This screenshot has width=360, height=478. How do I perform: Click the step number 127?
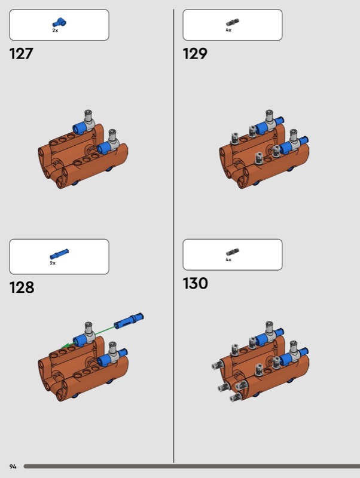(21, 54)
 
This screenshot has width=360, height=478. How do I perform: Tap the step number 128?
(22, 287)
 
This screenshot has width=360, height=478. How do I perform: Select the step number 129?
(195, 54)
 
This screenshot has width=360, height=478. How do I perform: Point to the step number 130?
(196, 283)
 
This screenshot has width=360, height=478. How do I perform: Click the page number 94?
(13, 467)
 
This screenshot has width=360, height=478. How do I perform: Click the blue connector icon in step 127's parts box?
(60, 23)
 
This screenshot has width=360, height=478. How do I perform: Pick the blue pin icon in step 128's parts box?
(59, 254)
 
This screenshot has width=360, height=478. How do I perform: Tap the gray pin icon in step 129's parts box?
(233, 23)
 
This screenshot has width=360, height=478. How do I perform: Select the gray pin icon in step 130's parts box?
(233, 252)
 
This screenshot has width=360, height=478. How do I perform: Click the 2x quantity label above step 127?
(55, 30)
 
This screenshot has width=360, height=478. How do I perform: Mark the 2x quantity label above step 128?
(53, 263)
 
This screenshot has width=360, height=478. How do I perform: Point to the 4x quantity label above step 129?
(228, 30)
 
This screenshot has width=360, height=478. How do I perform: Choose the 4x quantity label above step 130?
(228, 259)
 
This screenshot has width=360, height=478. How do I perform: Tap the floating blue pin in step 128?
(129, 320)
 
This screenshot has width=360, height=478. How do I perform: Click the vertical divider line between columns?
(173, 236)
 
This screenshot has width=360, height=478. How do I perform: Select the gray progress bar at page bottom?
(192, 467)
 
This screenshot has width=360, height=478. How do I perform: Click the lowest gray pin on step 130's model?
(236, 397)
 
